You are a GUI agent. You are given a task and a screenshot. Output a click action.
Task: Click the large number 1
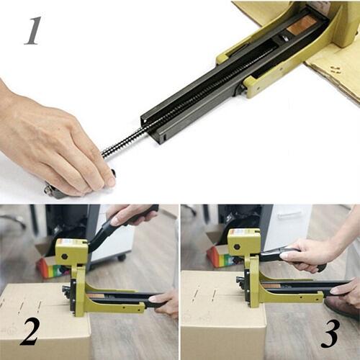pyautogui.click(x=32, y=31)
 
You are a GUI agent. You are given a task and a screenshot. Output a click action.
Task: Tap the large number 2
pyautogui.click(x=30, y=331)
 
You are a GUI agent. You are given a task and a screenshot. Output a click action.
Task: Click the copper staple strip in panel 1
pyautogui.click(x=301, y=26)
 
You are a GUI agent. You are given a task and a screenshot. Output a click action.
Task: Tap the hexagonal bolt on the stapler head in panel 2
pyautogui.click(x=65, y=256)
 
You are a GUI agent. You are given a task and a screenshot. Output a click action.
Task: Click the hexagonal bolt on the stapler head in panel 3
pyautogui.click(x=237, y=246)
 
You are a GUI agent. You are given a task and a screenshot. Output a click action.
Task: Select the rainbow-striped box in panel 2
pyautogui.click(x=51, y=266)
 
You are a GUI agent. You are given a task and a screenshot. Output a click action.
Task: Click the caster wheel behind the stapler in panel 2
pyautogui.click(x=120, y=258)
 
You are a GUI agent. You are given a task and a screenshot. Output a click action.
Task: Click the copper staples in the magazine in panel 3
pyautogui.click(x=271, y=286)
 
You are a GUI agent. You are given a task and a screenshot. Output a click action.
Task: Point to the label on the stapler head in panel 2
pyautogui.click(x=69, y=241)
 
